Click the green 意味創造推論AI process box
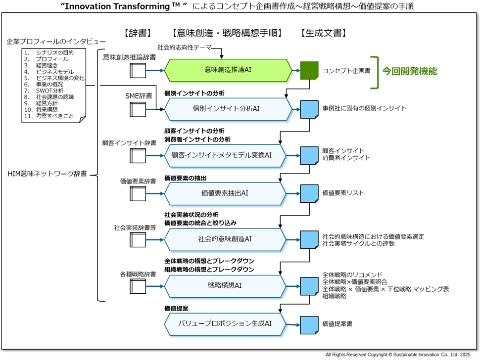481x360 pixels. (x=228, y=70)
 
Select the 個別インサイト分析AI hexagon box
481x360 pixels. (x=228, y=109)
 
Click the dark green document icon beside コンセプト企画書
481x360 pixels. (x=309, y=71)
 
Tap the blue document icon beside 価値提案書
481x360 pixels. (x=309, y=324)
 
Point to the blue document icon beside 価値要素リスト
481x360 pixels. (x=309, y=193)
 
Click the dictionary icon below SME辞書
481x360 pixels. (x=138, y=109)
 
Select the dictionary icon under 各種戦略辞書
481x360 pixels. (x=138, y=286)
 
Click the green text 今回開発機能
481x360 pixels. (x=409, y=71)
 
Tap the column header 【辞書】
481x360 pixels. (x=136, y=33)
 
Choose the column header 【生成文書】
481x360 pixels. (x=324, y=33)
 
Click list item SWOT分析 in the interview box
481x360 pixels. (x=49, y=90)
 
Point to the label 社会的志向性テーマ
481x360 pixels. (x=184, y=47)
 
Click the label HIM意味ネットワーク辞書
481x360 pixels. (x=48, y=174)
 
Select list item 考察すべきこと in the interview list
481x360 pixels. (x=54, y=116)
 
